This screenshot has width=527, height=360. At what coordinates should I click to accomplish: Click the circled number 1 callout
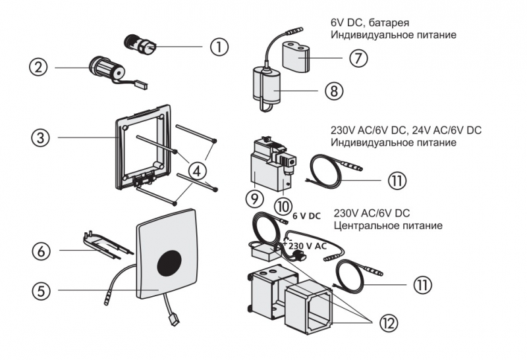tap(219, 47)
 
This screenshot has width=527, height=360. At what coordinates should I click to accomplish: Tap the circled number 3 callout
tap(41, 138)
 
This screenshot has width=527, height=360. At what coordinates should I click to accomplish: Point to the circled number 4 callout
tap(196, 170)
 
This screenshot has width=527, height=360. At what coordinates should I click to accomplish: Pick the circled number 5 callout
tap(42, 290)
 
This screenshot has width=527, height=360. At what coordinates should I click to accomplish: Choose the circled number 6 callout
tap(41, 251)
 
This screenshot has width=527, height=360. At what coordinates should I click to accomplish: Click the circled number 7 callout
tap(358, 58)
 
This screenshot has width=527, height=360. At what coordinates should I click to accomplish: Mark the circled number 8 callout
tap(334, 91)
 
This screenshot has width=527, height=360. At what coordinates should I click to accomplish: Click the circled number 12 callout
tap(389, 322)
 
